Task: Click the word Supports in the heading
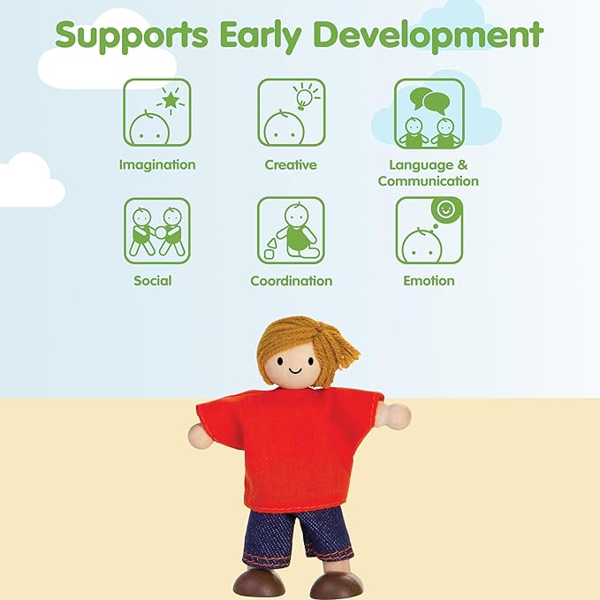click(132, 35)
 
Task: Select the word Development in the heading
click(429, 35)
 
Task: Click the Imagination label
click(157, 165)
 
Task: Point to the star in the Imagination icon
click(171, 100)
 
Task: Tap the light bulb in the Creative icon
click(303, 98)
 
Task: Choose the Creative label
click(291, 165)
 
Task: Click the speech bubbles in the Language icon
click(429, 101)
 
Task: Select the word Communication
click(429, 181)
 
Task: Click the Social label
click(153, 280)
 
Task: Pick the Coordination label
click(292, 281)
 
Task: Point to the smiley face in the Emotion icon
click(445, 209)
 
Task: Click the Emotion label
click(429, 280)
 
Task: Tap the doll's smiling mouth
click(295, 370)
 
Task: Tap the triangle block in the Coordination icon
click(271, 243)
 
